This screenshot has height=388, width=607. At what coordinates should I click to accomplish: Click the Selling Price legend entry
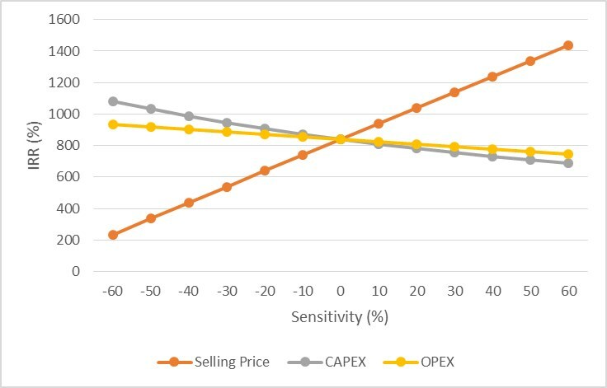coord(214,362)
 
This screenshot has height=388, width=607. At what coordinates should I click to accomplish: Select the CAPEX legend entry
coord(327,362)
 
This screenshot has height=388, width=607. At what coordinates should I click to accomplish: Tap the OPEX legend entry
coord(419,362)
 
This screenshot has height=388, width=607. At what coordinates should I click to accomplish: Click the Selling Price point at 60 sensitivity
coord(568,45)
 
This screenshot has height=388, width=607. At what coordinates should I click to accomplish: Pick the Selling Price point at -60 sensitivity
coord(113,235)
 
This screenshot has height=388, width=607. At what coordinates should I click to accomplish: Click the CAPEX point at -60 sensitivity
coord(113,102)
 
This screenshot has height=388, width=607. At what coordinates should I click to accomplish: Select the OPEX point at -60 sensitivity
coord(113,124)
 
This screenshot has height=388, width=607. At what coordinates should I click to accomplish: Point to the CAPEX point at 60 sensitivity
coord(568,163)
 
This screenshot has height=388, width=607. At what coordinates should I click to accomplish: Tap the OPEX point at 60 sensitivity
coord(568,154)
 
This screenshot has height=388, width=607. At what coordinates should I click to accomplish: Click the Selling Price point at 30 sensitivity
coord(454,92)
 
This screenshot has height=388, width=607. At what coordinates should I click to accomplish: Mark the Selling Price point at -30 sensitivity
coord(227,187)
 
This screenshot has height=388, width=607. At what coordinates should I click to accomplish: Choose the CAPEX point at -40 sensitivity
coord(189,116)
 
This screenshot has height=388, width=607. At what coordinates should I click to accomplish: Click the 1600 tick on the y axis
coord(64,19)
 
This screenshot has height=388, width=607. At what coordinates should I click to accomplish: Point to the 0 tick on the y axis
coord(76,272)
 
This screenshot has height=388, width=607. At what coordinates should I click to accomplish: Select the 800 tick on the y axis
coord(68,146)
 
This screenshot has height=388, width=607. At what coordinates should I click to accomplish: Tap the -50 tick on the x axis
coord(151,291)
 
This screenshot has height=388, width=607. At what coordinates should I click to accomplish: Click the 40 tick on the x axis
coord(493,291)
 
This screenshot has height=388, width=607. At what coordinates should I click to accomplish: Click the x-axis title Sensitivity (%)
coord(340,317)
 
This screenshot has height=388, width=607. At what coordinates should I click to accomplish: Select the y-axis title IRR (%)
coord(34,146)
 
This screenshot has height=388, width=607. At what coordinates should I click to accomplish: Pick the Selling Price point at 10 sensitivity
coord(379,124)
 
